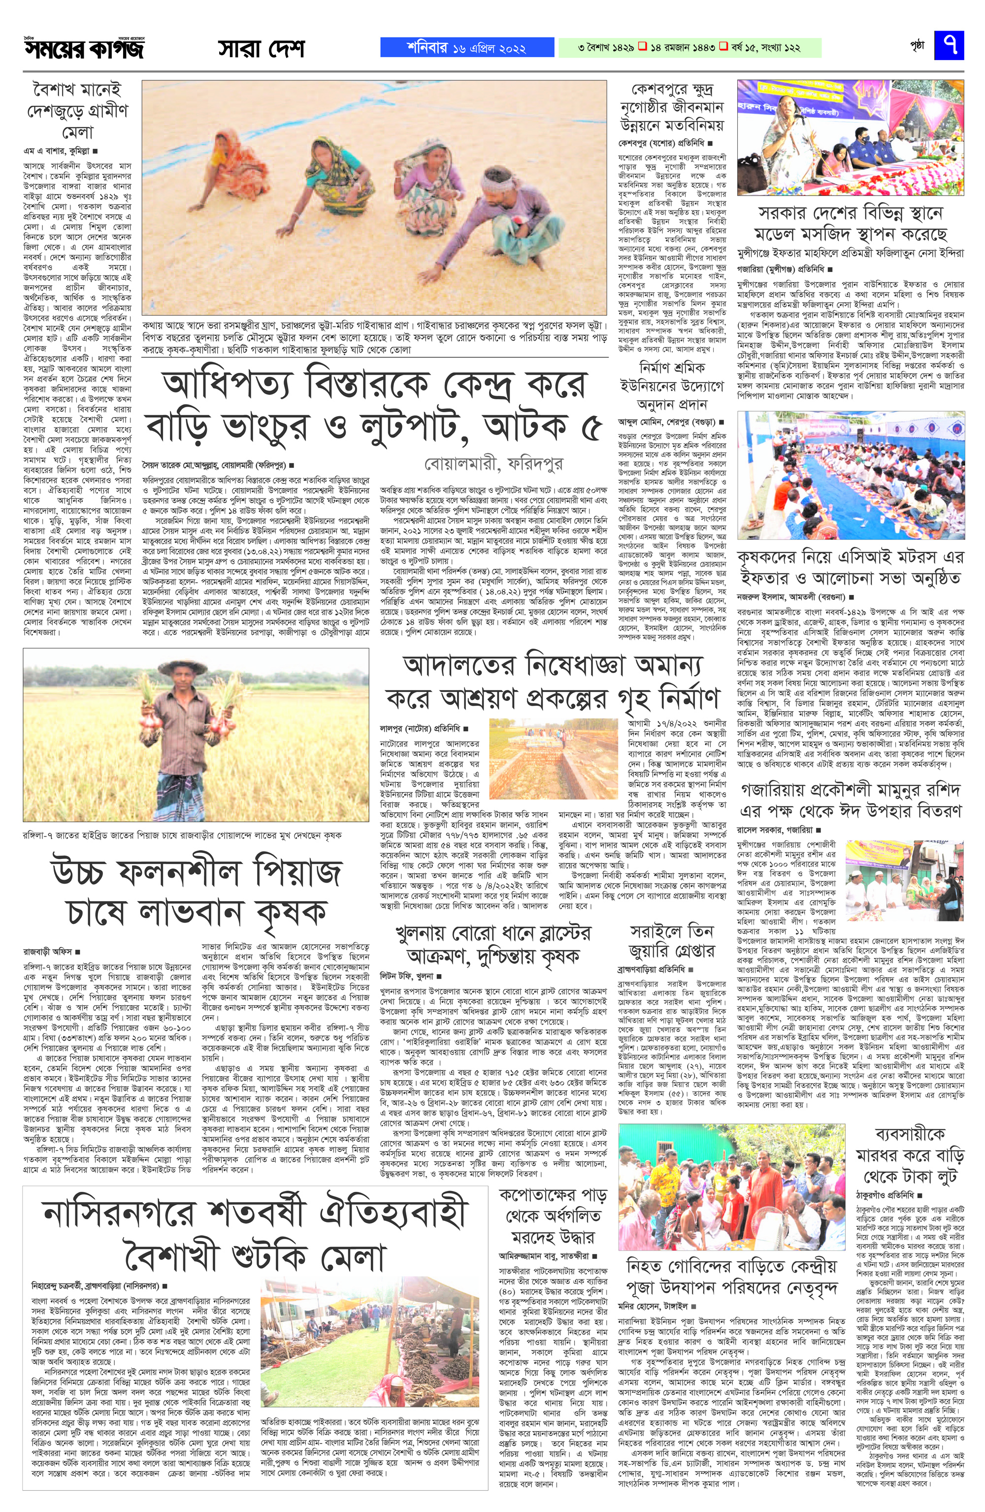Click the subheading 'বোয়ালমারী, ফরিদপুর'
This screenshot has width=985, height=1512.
point(494,464)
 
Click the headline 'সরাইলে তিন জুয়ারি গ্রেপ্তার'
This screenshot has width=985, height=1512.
point(671,941)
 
